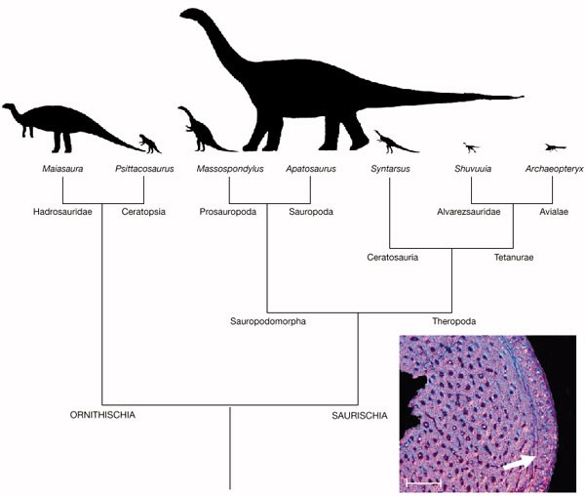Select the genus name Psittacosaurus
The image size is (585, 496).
pos(143,170)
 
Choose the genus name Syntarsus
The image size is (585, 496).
pos(390,170)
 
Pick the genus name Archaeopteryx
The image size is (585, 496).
pos(553,170)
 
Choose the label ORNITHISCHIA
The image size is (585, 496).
pos(101,415)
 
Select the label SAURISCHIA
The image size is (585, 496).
pos(361,415)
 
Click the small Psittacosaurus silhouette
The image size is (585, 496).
pos(149,144)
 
